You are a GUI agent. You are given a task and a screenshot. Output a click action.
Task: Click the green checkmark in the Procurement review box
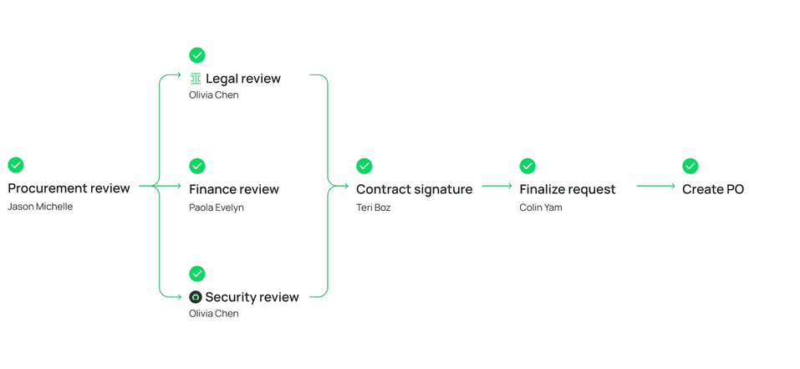(x=16, y=165)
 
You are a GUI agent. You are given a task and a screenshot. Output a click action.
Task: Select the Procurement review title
(x=69, y=188)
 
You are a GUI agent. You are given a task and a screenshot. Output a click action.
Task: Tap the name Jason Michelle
(x=40, y=207)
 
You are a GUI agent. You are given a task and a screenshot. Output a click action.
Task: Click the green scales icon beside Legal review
(x=196, y=79)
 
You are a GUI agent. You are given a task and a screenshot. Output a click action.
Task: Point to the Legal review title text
(x=242, y=79)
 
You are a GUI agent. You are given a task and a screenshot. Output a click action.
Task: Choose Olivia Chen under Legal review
(x=213, y=95)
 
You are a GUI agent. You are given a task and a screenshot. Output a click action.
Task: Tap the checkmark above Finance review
(x=197, y=166)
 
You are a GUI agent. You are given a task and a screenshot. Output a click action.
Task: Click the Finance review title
(x=234, y=189)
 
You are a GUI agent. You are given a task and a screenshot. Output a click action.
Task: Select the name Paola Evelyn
(x=217, y=208)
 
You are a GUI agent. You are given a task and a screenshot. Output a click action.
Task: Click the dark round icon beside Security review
(x=196, y=297)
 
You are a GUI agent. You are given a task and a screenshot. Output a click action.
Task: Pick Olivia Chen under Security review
(x=213, y=314)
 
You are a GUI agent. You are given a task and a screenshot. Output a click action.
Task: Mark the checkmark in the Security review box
(x=197, y=274)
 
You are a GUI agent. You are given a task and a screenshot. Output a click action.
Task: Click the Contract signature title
(x=414, y=189)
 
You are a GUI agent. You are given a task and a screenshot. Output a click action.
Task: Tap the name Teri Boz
(x=375, y=208)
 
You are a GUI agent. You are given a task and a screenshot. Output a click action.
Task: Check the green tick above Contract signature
(x=364, y=166)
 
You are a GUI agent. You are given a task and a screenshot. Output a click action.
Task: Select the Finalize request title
(x=567, y=189)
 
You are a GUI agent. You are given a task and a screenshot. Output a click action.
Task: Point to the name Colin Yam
(x=541, y=208)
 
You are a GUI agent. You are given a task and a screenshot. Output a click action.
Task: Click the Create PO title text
(x=712, y=189)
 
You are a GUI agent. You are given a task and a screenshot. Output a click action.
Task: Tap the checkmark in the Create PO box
(x=690, y=166)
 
